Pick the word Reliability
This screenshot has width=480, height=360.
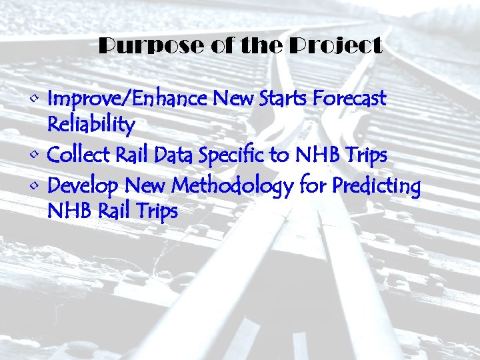point(91,125)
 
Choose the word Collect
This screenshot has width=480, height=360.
point(79,155)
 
